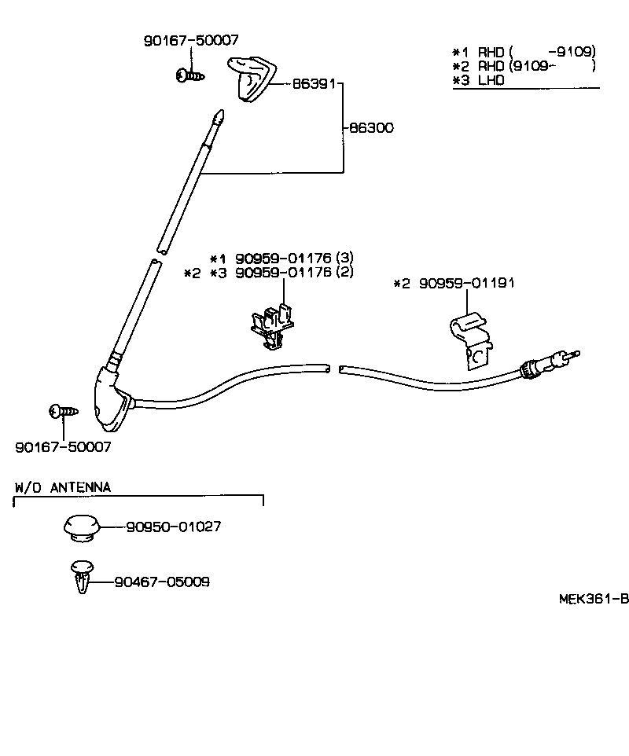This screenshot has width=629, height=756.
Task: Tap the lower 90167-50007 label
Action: point(63,446)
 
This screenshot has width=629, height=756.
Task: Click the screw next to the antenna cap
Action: point(189,75)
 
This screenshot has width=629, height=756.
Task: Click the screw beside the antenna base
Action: point(63,410)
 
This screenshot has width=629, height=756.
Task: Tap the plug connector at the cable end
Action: point(546,363)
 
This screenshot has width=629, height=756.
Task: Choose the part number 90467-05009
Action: point(162,582)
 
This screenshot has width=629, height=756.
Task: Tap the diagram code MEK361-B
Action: point(594,598)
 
